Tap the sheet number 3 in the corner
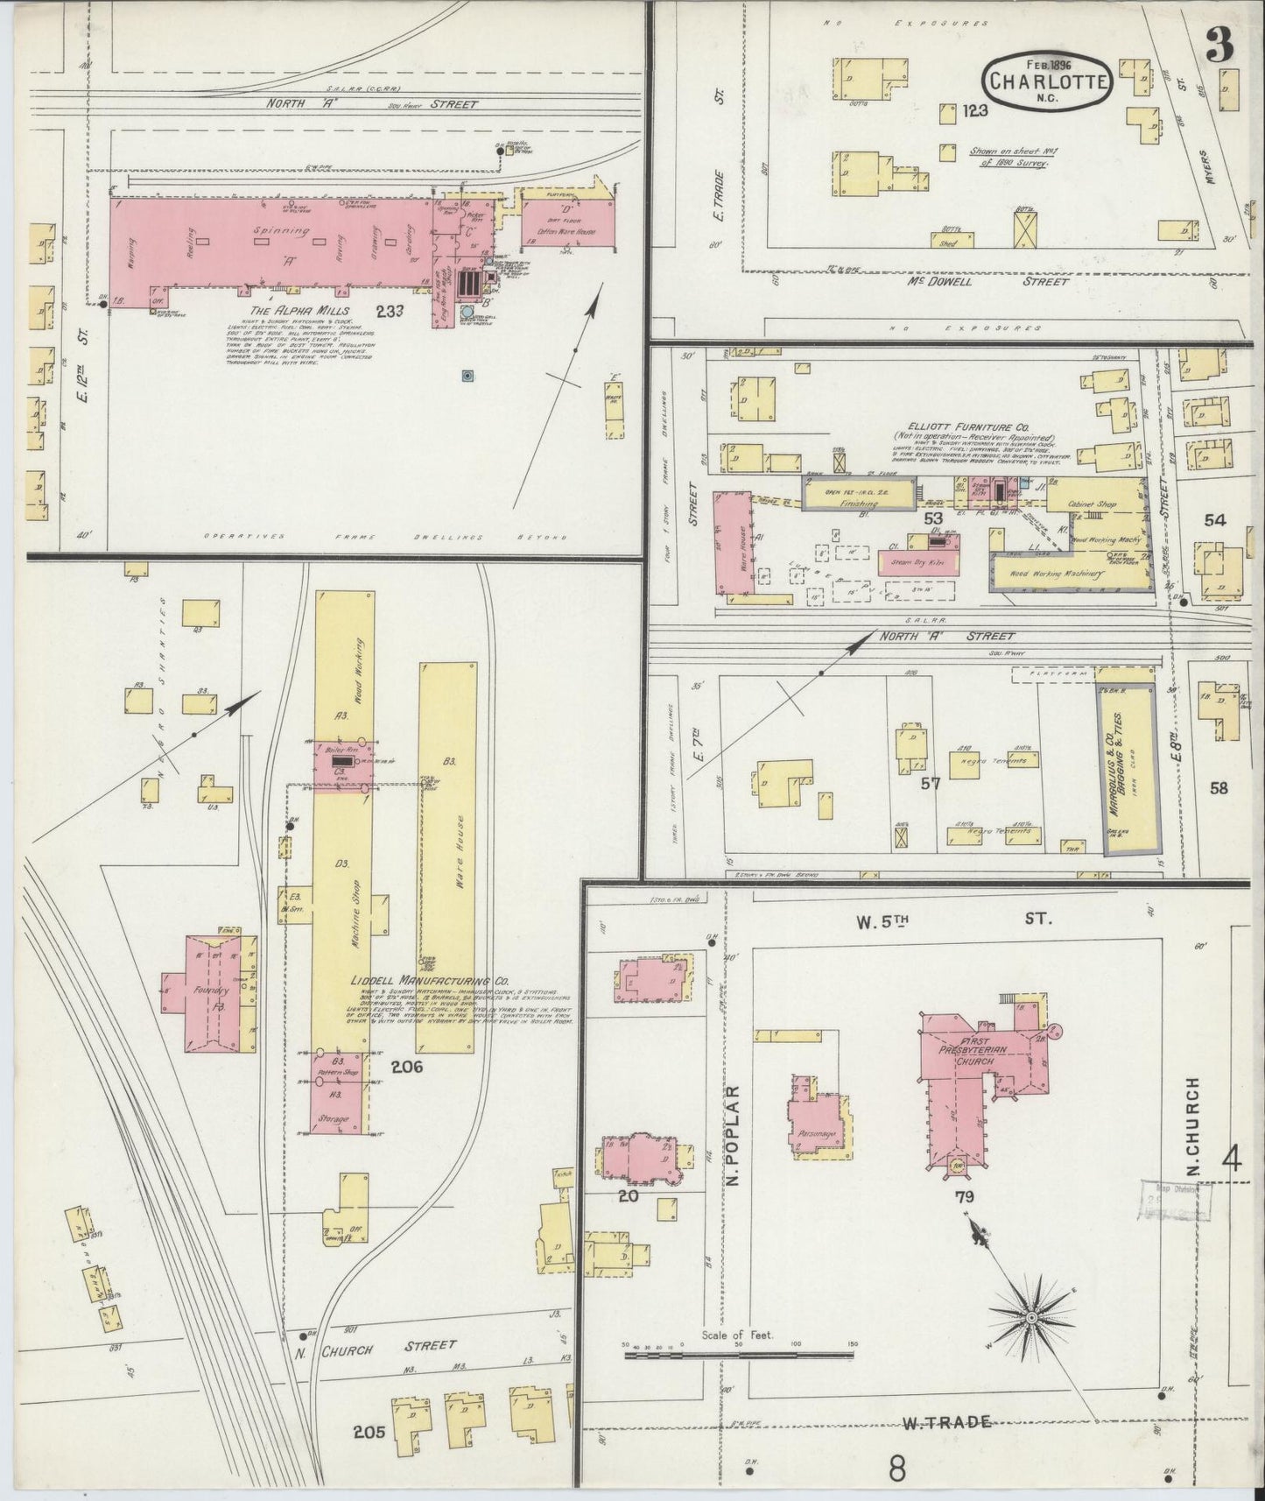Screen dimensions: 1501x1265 (x=1219, y=44)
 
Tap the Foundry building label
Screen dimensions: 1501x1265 (x=213, y=990)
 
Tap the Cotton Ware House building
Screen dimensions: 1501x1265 (x=566, y=223)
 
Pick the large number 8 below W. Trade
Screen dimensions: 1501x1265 (x=896, y=1467)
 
